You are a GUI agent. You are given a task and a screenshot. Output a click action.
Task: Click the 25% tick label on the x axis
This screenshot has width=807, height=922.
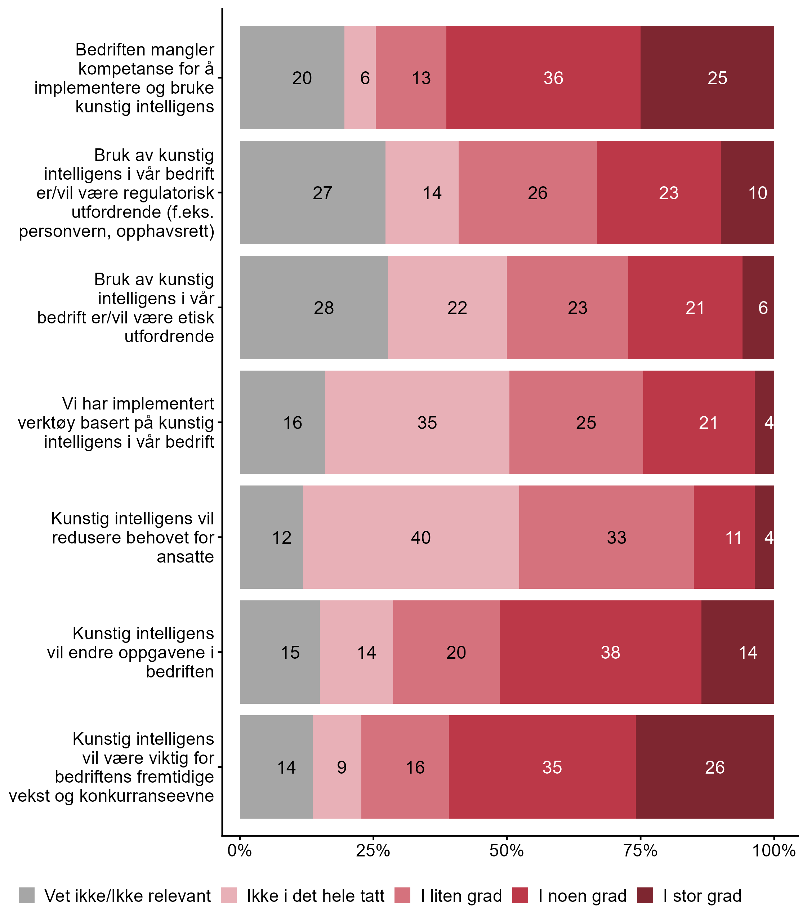(373, 850)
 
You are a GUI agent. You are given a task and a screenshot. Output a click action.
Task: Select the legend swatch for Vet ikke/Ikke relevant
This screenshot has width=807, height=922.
(27, 895)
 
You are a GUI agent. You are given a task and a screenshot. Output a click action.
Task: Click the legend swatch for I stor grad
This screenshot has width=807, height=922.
(645, 895)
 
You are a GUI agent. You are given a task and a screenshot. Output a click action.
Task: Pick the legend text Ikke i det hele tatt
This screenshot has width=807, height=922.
(315, 896)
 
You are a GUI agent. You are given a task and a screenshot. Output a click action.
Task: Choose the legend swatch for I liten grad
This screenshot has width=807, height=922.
(402, 895)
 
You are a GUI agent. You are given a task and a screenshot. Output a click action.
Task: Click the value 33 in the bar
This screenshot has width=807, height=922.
(616, 537)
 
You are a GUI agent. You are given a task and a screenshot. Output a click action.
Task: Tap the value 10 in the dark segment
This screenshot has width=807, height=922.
(757, 193)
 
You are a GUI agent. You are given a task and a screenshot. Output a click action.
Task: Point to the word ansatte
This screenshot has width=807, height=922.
(185, 557)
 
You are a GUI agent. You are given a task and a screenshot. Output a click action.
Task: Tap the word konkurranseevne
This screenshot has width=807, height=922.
(146, 796)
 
